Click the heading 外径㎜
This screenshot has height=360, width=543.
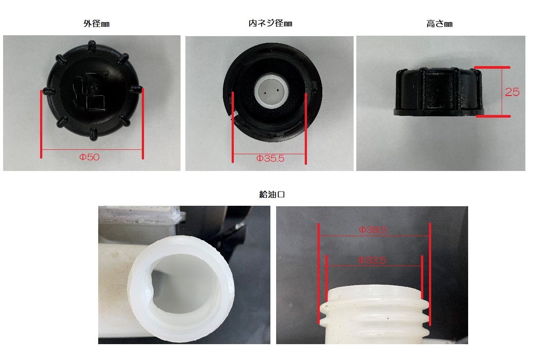tap(96, 24)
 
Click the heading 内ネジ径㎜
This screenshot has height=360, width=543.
tap(270, 23)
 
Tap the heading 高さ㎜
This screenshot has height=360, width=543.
tap(440, 24)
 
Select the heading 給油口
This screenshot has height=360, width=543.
tap(272, 194)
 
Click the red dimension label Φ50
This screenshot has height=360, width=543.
tap(89, 157)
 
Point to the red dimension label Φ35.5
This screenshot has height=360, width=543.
tap(270, 159)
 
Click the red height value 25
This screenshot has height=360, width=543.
tap(512, 92)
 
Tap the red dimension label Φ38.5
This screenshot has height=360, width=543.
tap(373, 230)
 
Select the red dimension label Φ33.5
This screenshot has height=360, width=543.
tap(372, 260)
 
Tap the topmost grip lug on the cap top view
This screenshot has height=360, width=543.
tap(92, 46)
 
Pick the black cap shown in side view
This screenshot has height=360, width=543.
tap(439, 92)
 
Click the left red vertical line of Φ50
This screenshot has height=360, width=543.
tap(41, 124)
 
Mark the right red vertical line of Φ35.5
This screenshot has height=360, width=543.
tap(306, 129)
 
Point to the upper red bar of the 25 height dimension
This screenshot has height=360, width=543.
tap(492, 67)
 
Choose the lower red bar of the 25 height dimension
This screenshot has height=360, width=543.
tap(493, 116)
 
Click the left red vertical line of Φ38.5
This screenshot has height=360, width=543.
tap(318, 274)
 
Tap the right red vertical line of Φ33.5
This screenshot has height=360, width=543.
tap(422, 277)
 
